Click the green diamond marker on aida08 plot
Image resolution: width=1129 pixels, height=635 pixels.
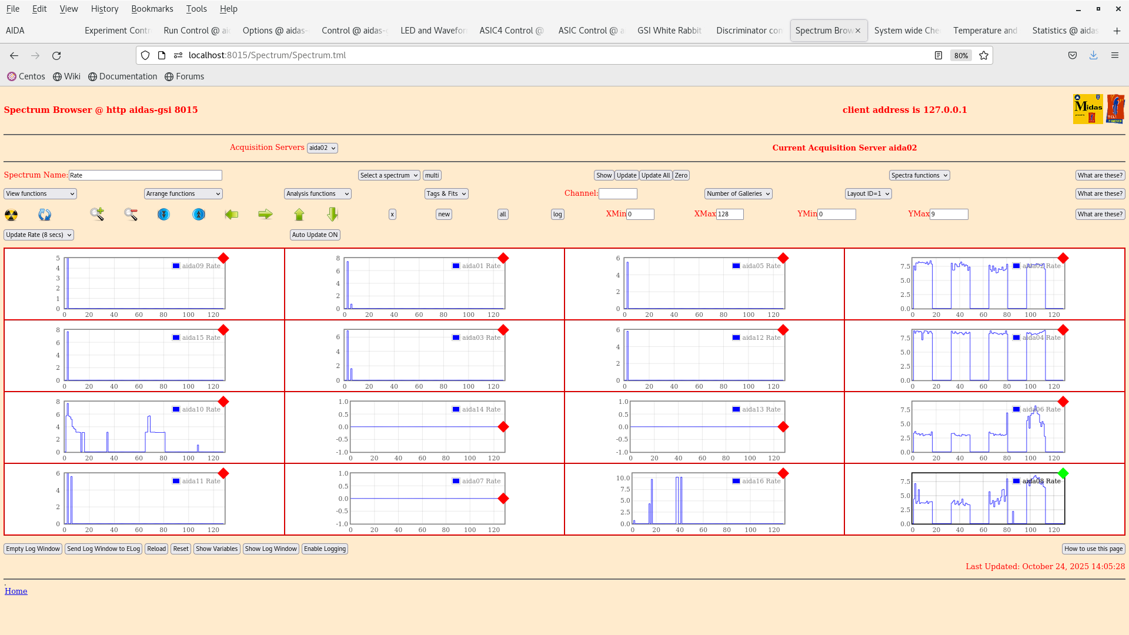1063,473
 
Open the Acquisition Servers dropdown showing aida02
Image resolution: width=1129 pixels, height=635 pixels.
322,148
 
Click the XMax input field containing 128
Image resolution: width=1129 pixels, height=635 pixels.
730,215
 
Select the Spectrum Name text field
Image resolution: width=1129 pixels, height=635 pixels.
145,175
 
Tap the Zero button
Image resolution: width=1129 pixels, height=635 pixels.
681,175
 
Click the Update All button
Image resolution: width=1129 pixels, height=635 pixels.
656,175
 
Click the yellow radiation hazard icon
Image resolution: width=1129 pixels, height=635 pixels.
11,215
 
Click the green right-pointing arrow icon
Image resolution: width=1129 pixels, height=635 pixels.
265,215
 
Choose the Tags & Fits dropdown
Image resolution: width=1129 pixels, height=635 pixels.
446,193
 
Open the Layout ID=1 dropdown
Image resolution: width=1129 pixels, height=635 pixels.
868,193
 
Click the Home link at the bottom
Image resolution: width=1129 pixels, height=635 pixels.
16,591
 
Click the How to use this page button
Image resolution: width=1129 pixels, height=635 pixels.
1093,549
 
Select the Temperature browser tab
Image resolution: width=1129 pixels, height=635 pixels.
985,31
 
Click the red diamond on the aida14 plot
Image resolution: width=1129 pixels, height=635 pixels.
503,427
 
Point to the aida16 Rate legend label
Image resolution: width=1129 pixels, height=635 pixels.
761,481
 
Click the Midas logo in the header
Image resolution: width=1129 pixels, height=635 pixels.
1088,109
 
